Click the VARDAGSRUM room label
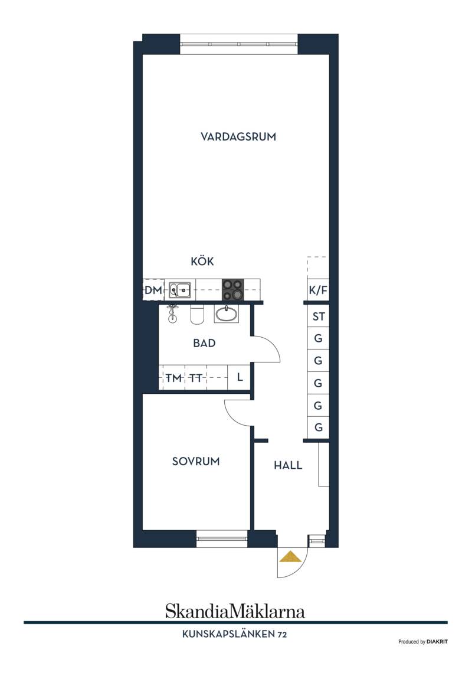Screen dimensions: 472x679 (x=238, y=137)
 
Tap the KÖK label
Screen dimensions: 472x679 (x=202, y=261)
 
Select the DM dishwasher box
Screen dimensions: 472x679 (x=153, y=290)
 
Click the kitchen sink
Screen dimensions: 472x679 (x=179, y=290)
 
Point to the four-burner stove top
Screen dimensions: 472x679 (x=233, y=290)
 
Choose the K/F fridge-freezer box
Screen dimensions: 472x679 (x=318, y=290)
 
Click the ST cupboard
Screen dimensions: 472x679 (x=318, y=316)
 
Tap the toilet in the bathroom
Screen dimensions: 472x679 (x=197, y=314)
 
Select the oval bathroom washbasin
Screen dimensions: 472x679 (x=226, y=314)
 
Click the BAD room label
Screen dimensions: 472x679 (x=204, y=344)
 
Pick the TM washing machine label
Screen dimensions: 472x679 (x=173, y=378)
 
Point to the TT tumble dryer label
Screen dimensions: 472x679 (x=195, y=378)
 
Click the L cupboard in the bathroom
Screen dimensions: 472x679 (x=239, y=378)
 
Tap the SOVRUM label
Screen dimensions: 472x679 (x=196, y=461)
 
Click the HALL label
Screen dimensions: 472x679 (x=288, y=465)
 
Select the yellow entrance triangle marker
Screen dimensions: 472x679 (x=290, y=556)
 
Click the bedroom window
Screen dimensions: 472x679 (x=222, y=538)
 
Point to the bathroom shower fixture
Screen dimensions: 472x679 (x=172, y=314)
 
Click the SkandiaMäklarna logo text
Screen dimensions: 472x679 (x=235, y=611)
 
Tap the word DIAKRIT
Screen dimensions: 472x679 (x=437, y=642)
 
